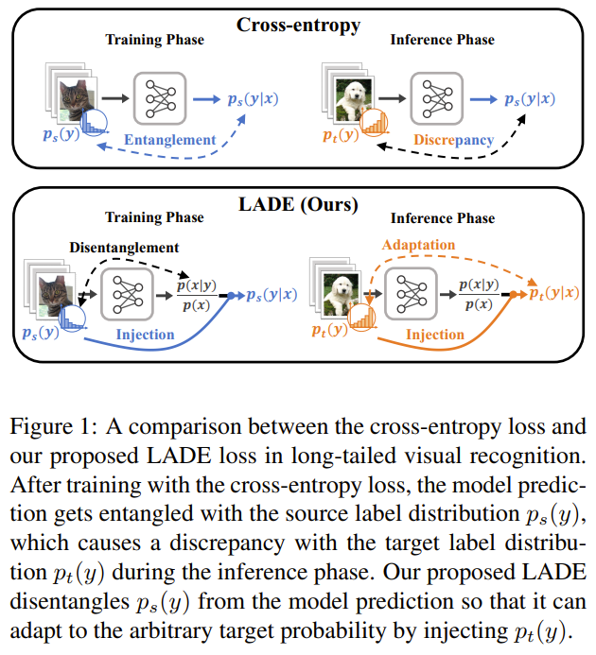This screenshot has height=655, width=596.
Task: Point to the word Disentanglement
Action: (123, 248)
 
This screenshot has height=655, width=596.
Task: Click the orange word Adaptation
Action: (419, 245)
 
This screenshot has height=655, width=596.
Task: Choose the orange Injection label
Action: (434, 334)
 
